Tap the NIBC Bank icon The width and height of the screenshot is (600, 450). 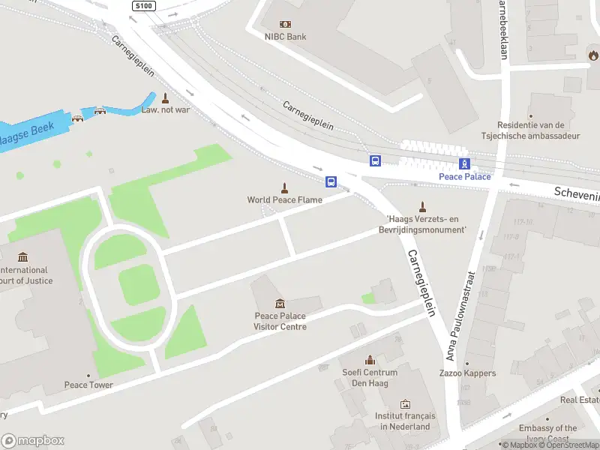[285, 24]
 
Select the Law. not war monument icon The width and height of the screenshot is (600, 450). [165, 97]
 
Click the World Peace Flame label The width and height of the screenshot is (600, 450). [285, 200]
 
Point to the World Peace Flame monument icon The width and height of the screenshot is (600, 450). [285, 187]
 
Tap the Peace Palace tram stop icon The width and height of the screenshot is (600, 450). [465, 163]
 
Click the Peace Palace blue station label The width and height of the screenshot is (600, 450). [465, 177]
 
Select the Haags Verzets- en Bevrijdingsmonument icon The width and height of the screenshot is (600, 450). [422, 207]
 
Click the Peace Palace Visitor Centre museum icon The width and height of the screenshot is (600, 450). [280, 303]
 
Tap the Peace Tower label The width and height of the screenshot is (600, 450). [88, 385]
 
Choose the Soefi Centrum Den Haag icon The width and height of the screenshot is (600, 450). [369, 361]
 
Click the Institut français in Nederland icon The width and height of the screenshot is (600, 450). [405, 404]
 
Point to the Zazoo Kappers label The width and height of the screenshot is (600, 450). [467, 373]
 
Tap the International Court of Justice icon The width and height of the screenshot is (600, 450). [22, 257]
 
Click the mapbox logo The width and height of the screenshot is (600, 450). [33, 441]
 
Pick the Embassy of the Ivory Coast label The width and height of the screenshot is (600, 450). [548, 433]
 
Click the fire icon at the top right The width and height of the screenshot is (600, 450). [593, 55]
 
